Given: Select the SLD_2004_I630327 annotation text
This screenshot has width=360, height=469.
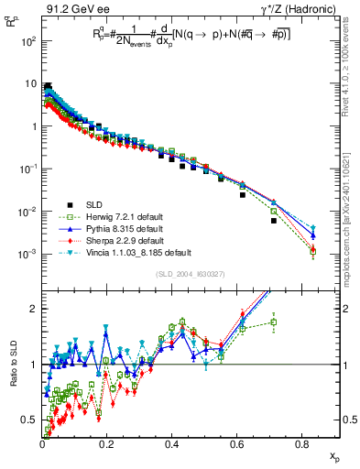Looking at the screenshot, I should pyautogui.click(x=186, y=274).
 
